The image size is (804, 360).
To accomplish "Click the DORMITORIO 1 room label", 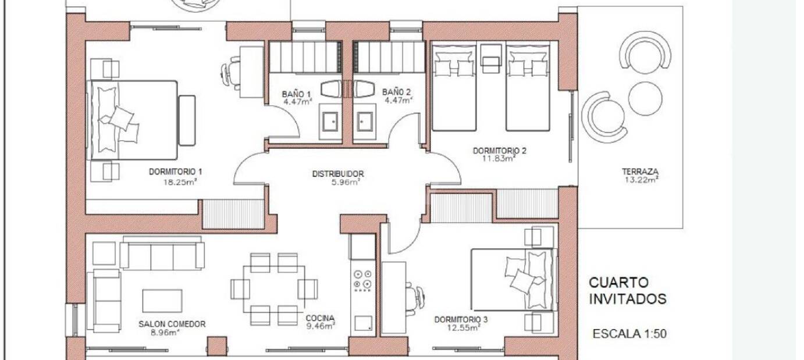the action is tap(176, 172).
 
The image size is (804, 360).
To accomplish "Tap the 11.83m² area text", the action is tap(499, 158).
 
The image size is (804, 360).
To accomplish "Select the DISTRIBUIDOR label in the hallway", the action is tap(338, 174).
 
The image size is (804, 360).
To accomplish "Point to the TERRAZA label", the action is tap(641, 172).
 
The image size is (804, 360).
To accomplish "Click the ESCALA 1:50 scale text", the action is tap(629, 334).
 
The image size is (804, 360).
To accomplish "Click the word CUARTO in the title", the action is tap(619, 283).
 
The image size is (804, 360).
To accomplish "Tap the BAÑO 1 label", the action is tap(296, 94).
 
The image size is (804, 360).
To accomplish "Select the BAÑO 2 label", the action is tap(396, 92).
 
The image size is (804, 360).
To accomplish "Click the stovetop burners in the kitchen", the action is tap(362, 280).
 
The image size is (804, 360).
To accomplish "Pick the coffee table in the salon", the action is tap(162, 301).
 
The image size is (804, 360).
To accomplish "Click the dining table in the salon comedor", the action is tap(274, 289).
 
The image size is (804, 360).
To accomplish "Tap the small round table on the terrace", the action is tap(645, 99).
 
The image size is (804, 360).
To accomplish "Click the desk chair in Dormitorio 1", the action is tap(230, 74).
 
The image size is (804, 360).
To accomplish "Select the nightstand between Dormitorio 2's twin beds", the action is tap(491, 59).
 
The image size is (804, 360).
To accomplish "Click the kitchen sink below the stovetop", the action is tap(363, 323).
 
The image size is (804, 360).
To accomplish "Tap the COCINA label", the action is tap(320, 318).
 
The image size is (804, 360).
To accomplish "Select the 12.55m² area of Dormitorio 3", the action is tap(464, 327).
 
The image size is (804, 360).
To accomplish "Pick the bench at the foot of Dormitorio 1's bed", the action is tap(187, 120).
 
